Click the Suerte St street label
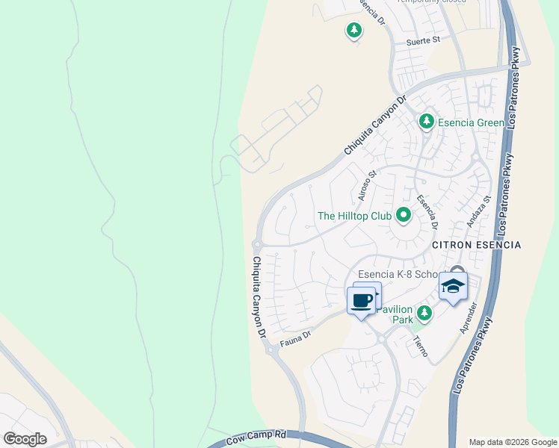[x=423, y=42]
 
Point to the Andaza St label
[x=478, y=211]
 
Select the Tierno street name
[x=420, y=345]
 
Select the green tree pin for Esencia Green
[x=426, y=121]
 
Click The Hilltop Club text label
[x=354, y=216]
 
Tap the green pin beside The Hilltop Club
[x=404, y=216]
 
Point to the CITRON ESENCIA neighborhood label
[x=476, y=245]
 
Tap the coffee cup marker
[x=361, y=302]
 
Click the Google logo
[x=25, y=439]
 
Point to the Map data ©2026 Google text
[x=512, y=442]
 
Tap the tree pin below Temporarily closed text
[x=353, y=31]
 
